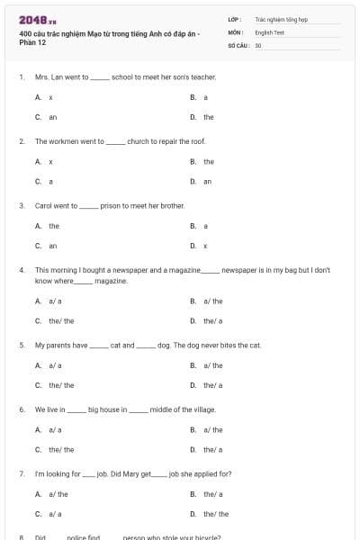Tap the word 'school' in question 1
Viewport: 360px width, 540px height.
(x=121, y=77)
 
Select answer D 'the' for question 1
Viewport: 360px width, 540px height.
(x=208, y=117)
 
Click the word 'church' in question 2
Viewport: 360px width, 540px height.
(x=139, y=141)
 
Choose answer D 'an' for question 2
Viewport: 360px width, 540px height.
(x=207, y=181)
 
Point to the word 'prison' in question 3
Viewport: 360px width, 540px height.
(x=111, y=205)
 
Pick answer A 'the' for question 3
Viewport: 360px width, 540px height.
(x=54, y=226)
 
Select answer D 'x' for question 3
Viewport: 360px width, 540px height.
(x=205, y=245)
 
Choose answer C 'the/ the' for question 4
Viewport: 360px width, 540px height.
(x=61, y=320)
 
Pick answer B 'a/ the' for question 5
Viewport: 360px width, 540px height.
(x=213, y=365)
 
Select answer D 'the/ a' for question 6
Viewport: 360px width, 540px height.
(x=213, y=449)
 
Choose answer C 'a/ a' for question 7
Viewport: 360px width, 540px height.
(x=55, y=514)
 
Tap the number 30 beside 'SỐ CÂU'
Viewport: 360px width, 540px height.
(x=258, y=45)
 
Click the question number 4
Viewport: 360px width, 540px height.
(x=21, y=269)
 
